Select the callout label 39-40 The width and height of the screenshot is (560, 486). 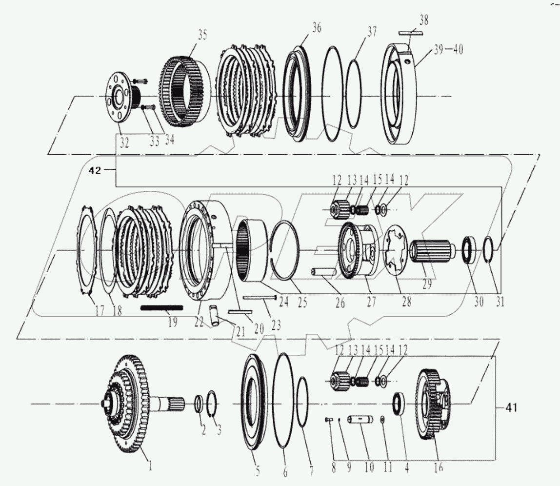(x=447, y=50)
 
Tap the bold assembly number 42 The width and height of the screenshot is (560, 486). (x=96, y=171)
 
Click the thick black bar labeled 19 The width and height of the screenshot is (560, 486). (x=161, y=308)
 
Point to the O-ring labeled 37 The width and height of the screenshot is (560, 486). (x=358, y=94)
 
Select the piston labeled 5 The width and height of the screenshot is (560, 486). (x=256, y=404)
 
